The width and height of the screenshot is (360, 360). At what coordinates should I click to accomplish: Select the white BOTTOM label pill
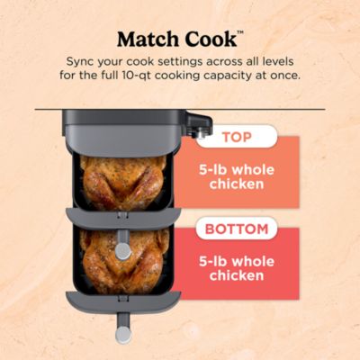[237, 229]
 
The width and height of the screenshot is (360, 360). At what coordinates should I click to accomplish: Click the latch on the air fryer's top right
[200, 123]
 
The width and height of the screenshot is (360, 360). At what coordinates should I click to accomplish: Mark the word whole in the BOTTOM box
[256, 258]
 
